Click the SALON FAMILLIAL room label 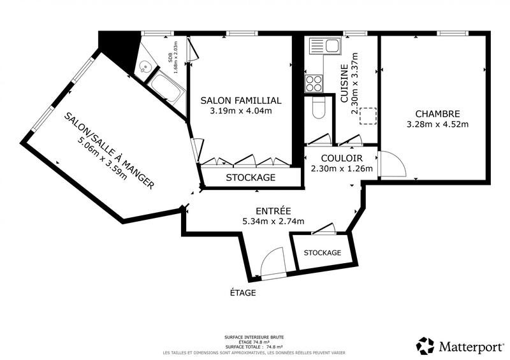240,101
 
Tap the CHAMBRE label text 437,113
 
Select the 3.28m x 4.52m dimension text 437,124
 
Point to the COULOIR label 342,158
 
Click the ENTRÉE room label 273,211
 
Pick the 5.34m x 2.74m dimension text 273,221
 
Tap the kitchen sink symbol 324,45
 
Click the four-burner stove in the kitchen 314,82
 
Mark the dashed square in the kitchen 368,116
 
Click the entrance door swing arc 272,262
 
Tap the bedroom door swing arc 393,163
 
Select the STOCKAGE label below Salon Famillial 251,177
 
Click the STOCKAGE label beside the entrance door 322,252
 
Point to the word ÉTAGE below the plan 243,293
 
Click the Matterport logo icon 425,345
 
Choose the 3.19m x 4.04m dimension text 240,111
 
